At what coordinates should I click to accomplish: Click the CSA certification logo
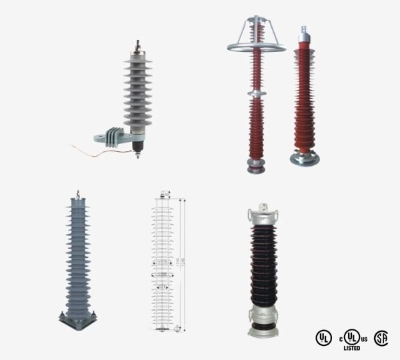click(381, 337)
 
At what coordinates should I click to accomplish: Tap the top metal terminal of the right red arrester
click(305, 30)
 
